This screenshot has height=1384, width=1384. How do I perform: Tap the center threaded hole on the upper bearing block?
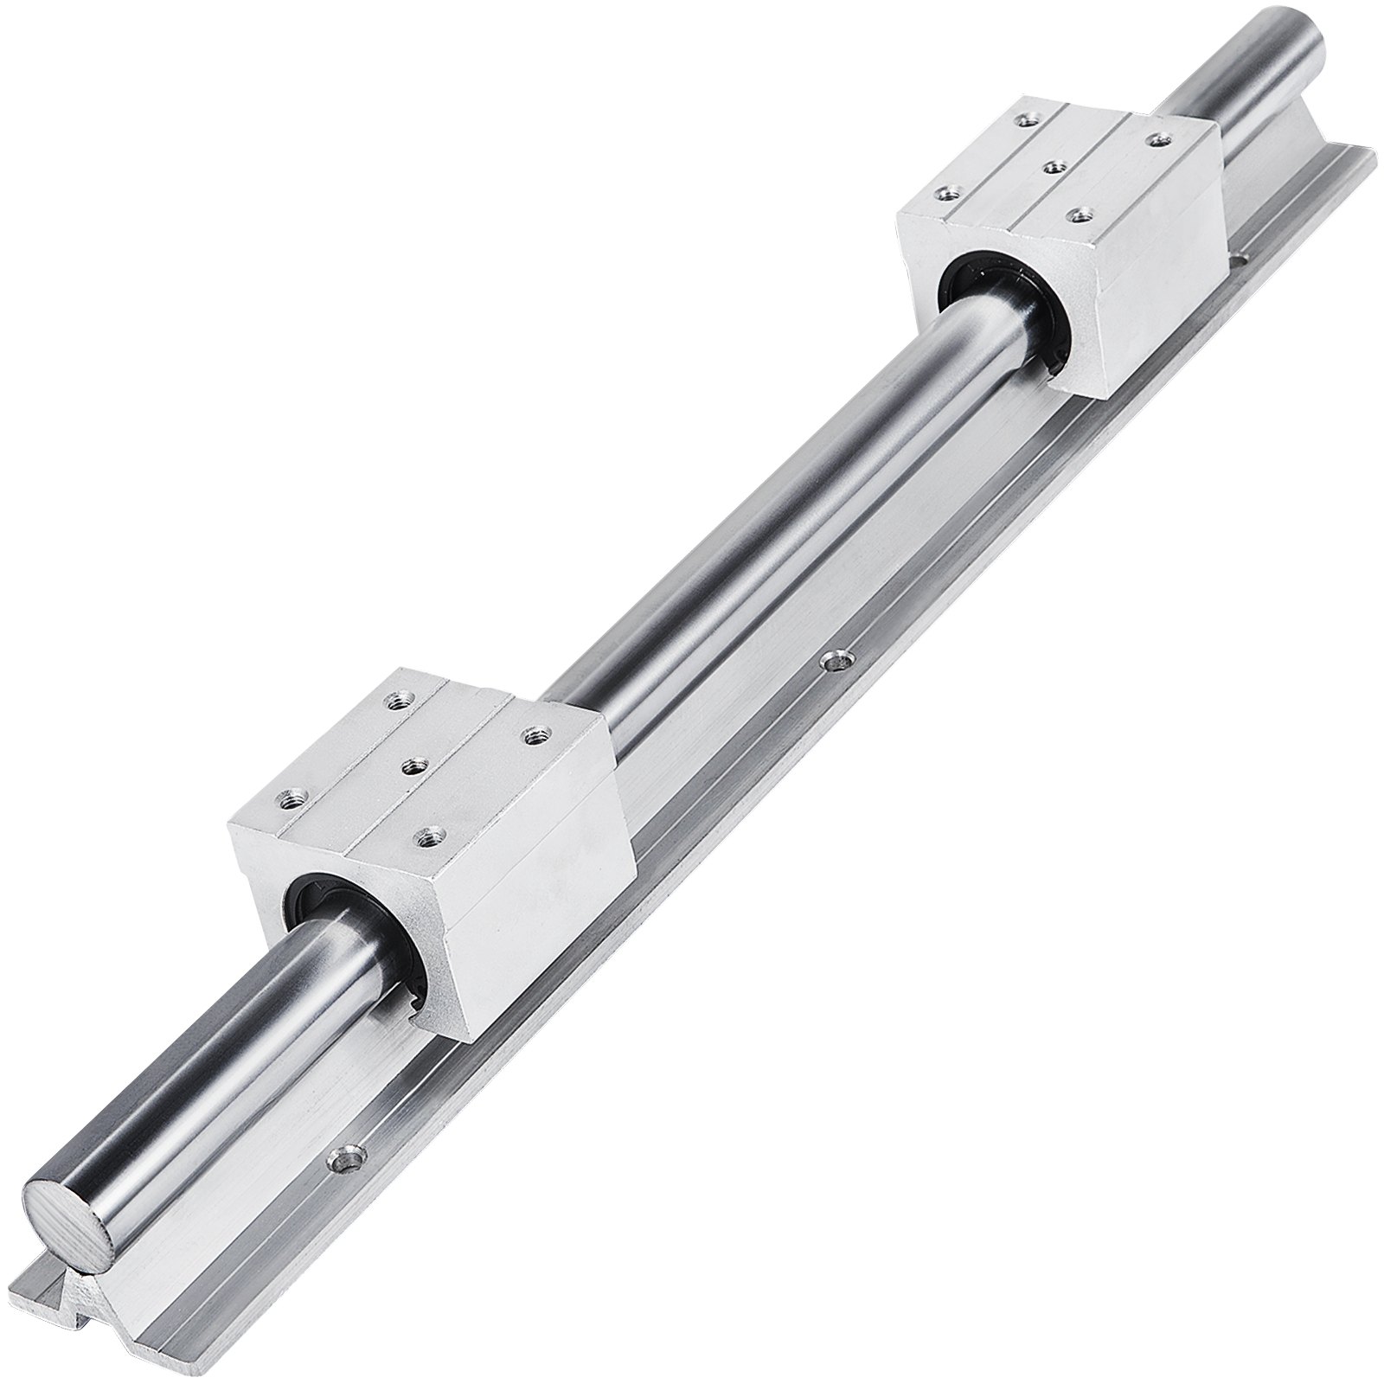pyautogui.click(x=1053, y=165)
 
